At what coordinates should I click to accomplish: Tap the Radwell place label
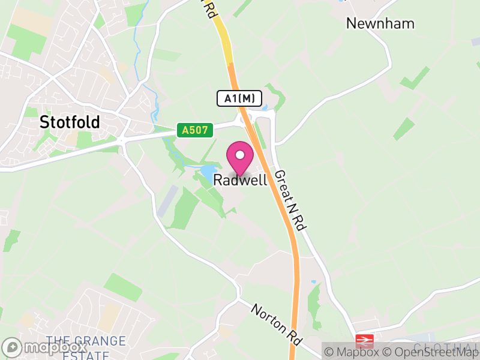point(240,180)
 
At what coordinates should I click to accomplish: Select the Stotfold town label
point(70,122)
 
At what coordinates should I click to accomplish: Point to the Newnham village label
point(372,23)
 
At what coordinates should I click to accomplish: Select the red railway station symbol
point(364,341)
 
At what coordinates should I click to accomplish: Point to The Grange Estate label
point(86,347)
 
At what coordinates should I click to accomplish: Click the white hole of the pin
point(240,155)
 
